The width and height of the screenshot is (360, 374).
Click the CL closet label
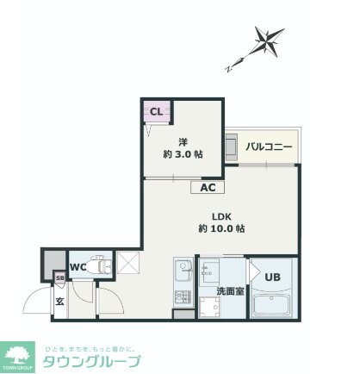pyautogui.click(x=157, y=111)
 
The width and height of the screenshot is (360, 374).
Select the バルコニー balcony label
pyautogui.click(x=269, y=147)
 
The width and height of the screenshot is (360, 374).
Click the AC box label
pyautogui.click(x=208, y=187)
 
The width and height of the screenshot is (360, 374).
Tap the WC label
pyautogui.click(x=77, y=266)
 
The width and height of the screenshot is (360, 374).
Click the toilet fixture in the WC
pyautogui.click(x=101, y=266)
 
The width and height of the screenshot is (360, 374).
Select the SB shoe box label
pyautogui.click(x=60, y=277)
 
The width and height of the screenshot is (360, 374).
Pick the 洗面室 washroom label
pyautogui.click(x=229, y=291)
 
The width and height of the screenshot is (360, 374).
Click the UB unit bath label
pyautogui.click(x=272, y=277)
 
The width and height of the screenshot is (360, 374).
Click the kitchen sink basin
pyautogui.click(x=183, y=275)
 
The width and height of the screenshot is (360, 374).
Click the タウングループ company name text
pyautogui.click(x=91, y=361)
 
